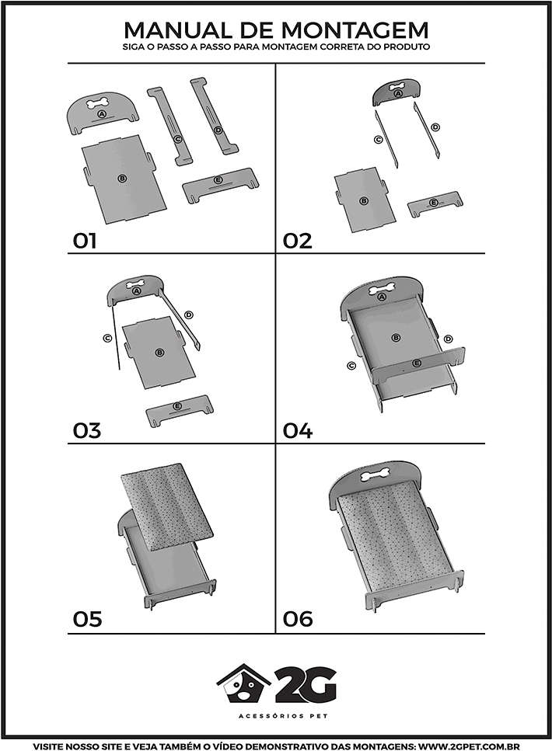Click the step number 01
click(85, 241)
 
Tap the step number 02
click(297, 241)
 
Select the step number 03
click(87, 430)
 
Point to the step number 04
click(297, 430)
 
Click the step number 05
click(87, 619)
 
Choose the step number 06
click(298, 619)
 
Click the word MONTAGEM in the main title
click(355, 30)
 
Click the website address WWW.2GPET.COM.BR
click(469, 746)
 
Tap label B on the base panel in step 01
click(122, 178)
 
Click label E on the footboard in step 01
click(218, 180)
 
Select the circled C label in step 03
click(108, 338)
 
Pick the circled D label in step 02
click(435, 127)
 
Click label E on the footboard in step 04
click(416, 363)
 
